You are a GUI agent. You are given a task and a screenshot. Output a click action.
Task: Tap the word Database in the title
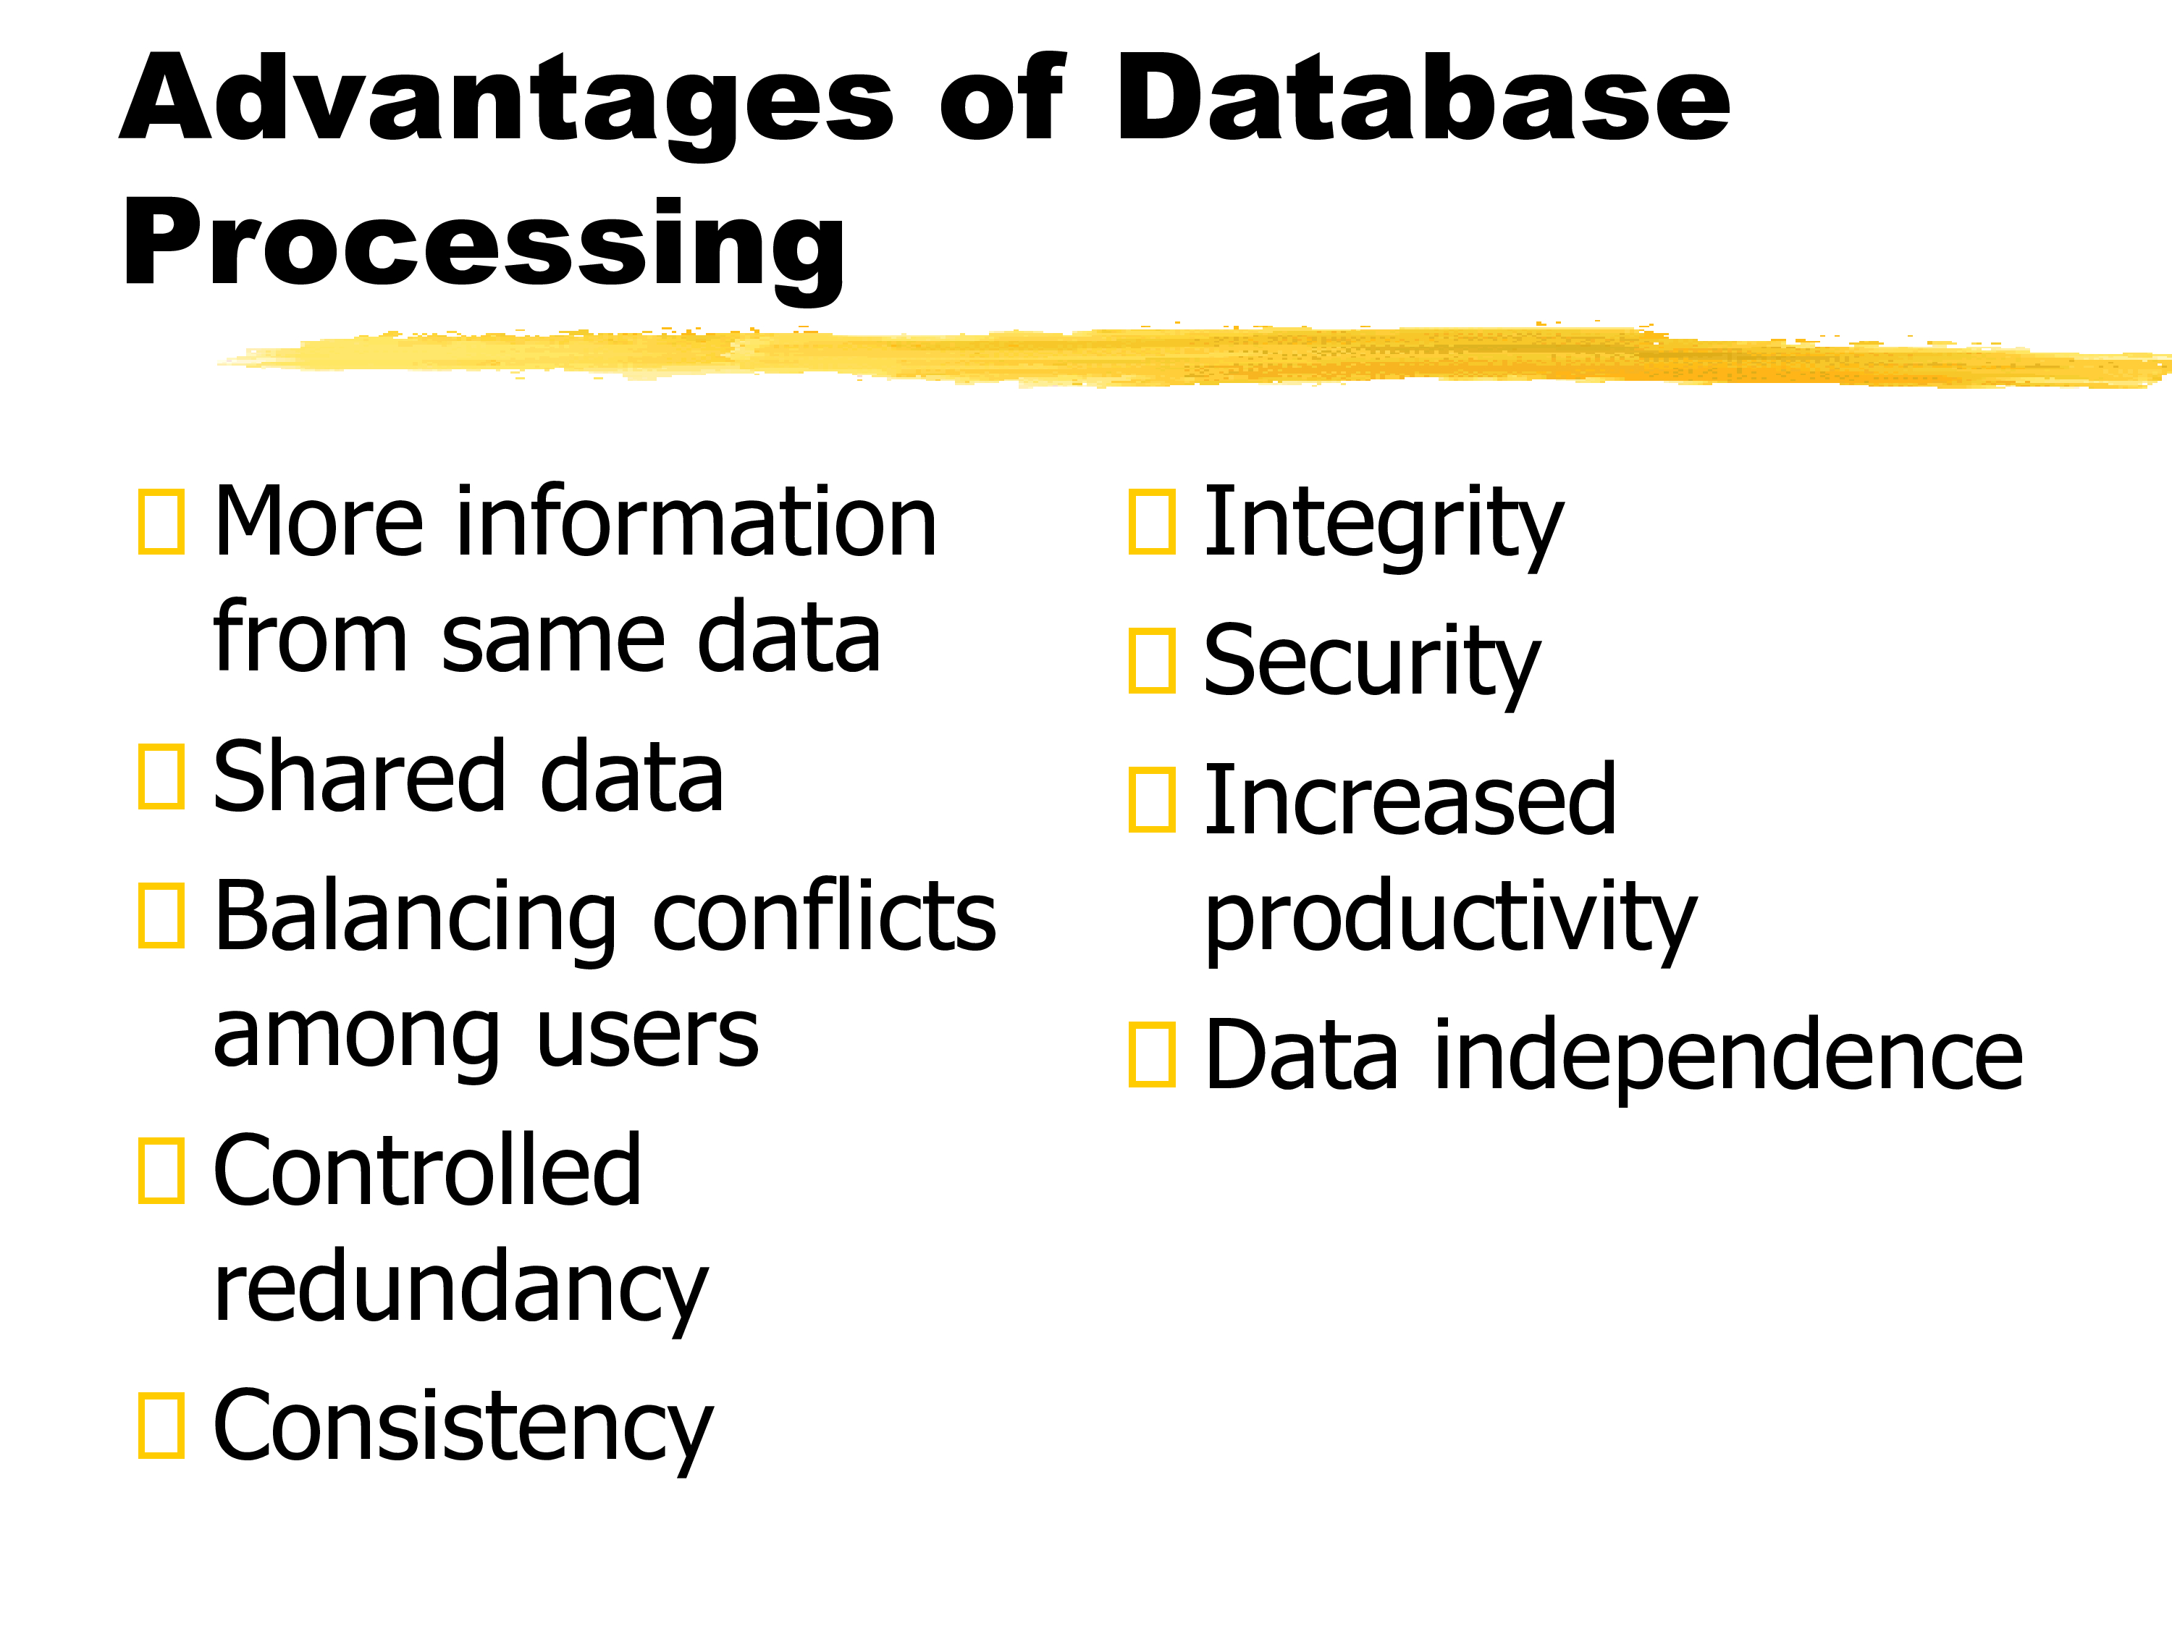[x=1423, y=96]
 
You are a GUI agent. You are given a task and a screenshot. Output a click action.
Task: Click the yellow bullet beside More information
[x=161, y=521]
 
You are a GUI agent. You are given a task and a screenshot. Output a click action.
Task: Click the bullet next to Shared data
[x=161, y=778]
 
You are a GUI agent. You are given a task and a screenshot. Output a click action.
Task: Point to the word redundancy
[x=460, y=1291]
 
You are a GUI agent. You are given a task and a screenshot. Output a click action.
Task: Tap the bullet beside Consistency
[x=161, y=1426]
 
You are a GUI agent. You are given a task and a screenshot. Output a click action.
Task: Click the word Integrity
[x=1384, y=526]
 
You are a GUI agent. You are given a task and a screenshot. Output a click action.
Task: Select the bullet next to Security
[x=1152, y=661]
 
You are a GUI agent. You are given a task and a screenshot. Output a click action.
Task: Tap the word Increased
[x=1410, y=800]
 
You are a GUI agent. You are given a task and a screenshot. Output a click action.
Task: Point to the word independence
[x=1728, y=1058]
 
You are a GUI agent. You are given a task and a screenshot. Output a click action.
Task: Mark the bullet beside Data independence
[x=1152, y=1055]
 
